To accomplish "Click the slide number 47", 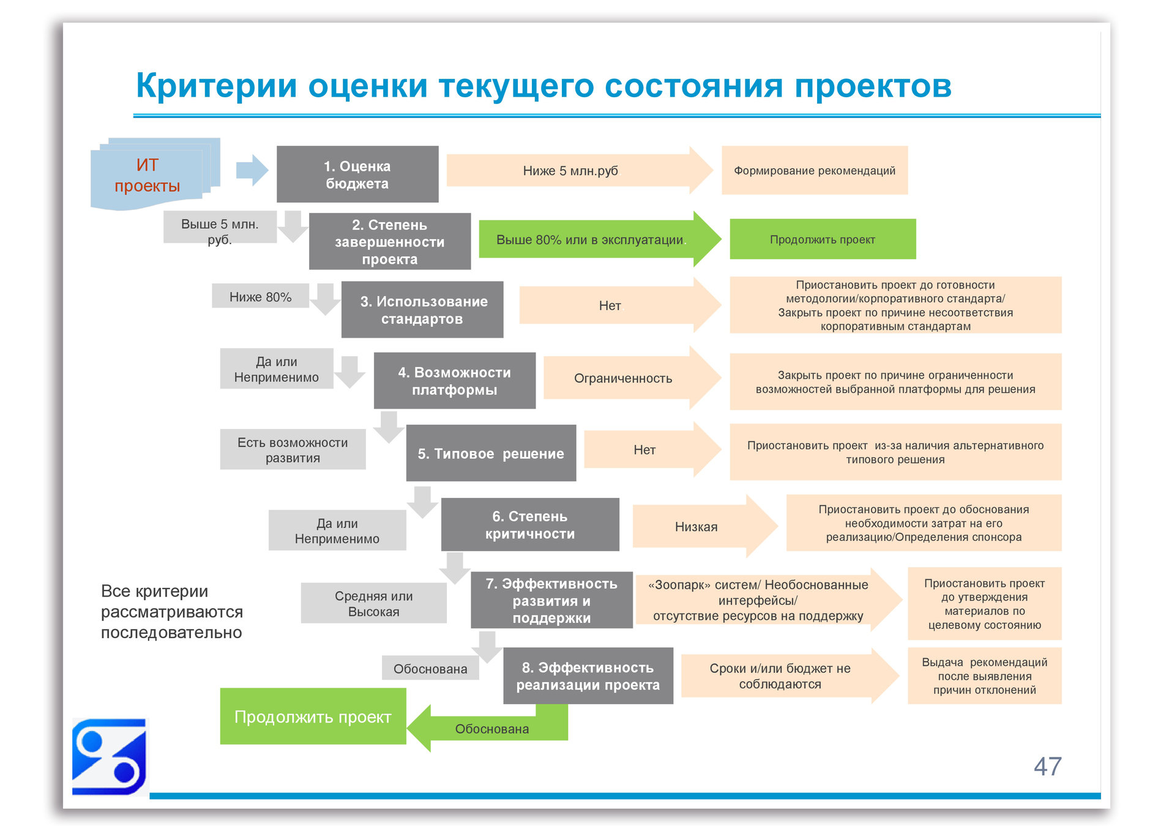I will tap(1047, 767).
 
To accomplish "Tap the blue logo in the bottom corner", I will tap(110, 757).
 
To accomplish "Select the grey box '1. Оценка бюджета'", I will tap(357, 174).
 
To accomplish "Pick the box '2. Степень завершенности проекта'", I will tap(390, 242).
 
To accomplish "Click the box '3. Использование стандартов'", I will tap(422, 310).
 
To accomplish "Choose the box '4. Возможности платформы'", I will tap(455, 381).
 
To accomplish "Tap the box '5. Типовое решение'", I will tap(491, 453).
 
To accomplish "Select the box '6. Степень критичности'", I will tap(530, 525).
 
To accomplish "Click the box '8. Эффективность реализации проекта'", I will tap(588, 676).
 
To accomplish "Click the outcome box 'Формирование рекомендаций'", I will tap(815, 171).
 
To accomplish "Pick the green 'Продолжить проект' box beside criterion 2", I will tap(823, 239).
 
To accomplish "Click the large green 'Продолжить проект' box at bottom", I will tap(313, 716).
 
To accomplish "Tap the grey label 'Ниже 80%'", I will tap(260, 297).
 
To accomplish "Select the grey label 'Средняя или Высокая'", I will tap(373, 603).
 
